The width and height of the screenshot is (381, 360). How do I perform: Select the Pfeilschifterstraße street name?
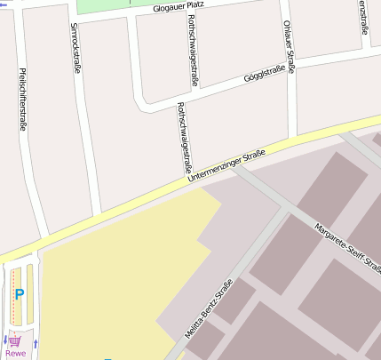22,98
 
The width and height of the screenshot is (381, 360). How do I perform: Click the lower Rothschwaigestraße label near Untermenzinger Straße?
185,137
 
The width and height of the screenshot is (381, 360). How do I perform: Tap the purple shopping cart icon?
15,340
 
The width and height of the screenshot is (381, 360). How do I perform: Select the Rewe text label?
15,353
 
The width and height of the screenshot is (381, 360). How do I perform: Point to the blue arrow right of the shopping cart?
36,342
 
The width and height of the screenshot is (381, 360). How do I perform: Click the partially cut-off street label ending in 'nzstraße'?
364,18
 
